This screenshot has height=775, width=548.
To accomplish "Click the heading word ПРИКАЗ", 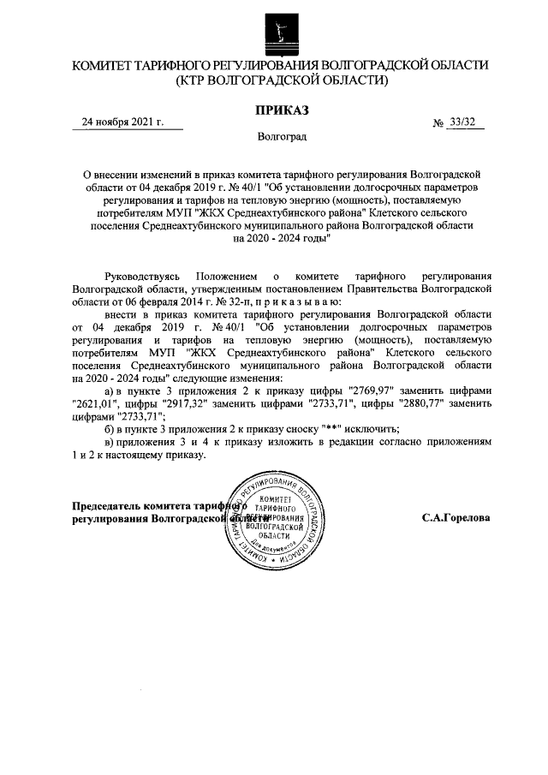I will (280, 110).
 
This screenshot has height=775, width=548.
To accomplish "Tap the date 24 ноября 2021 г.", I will (122, 122).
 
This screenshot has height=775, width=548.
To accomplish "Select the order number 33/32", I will (462, 122).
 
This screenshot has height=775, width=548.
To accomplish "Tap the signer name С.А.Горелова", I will (456, 518).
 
